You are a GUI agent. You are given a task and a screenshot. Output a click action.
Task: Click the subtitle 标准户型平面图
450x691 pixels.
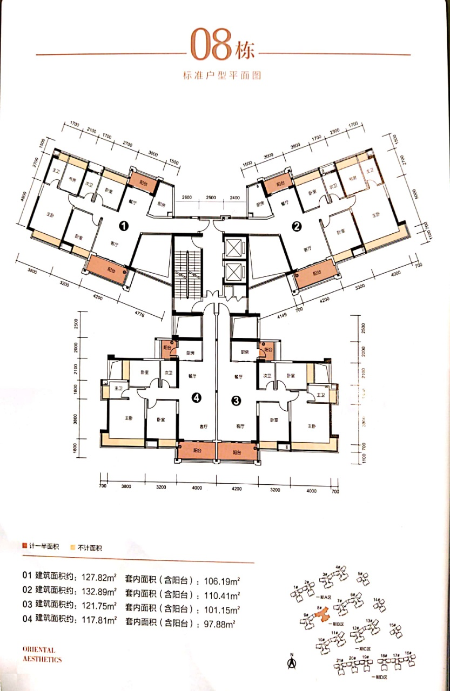222,76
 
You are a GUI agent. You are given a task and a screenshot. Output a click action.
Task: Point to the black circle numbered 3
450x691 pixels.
236,400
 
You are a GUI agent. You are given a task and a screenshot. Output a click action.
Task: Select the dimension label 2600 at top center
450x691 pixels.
186,198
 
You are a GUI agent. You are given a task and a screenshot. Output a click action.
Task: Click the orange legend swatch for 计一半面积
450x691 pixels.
24,547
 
